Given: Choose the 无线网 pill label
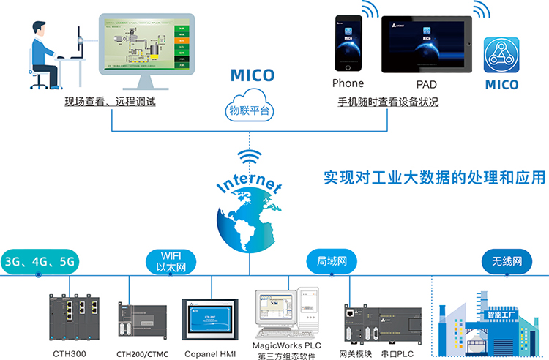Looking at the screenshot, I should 507,261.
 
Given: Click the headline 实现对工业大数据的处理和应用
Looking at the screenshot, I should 435,178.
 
